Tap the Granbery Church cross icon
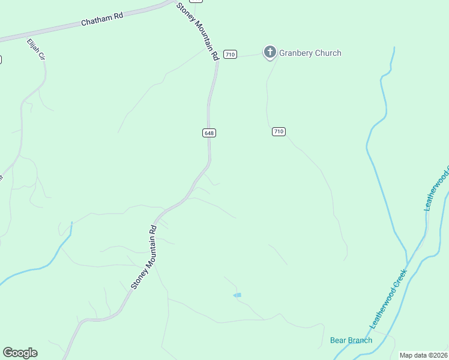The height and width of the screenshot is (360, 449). click(270, 53)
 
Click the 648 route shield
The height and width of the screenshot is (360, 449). click(209, 133)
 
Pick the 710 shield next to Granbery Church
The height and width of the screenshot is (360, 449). click(229, 55)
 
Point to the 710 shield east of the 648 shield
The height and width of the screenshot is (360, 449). click(278, 131)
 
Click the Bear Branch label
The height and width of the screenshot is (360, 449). click(351, 340)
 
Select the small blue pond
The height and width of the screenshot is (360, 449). click(237, 295)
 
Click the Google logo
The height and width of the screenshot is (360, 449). click(20, 353)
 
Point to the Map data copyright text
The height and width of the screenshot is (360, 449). click(424, 355)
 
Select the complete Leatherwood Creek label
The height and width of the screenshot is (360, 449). click(388, 299)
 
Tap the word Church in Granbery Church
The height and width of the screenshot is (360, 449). click(330, 53)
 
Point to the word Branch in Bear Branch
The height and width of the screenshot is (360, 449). click(360, 340)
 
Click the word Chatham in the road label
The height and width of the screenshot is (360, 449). click(94, 22)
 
